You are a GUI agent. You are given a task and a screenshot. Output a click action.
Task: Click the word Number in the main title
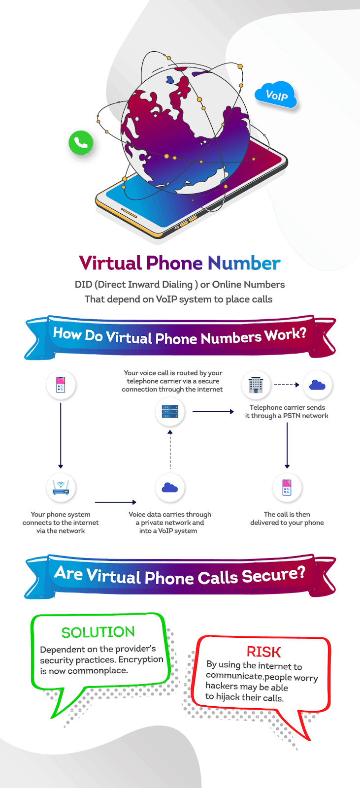tap(244, 263)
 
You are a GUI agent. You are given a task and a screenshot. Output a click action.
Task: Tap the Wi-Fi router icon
tap(61, 487)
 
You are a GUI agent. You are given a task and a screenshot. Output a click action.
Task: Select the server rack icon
tap(169, 411)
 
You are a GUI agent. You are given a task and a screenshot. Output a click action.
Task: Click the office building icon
tap(256, 384)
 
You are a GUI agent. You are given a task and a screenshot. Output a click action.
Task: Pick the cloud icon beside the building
tap(317, 384)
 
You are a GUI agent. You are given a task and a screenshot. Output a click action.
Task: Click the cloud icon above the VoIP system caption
tap(169, 487)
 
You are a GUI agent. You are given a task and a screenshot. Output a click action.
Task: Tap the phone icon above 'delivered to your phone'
tap(287, 487)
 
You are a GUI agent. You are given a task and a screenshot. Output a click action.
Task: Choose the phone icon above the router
tap(61, 384)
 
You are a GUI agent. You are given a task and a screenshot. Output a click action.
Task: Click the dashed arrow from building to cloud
tap(287, 384)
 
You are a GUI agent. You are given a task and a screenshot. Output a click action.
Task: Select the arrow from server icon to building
tap(213, 411)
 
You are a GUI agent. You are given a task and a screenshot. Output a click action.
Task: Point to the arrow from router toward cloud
tap(115, 502)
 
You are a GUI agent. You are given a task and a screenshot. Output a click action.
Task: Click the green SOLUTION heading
tap(98, 632)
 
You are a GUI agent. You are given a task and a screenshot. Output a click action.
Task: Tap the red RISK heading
tap(263, 652)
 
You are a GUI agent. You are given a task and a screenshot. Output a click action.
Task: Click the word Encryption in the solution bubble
tap(141, 659)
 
